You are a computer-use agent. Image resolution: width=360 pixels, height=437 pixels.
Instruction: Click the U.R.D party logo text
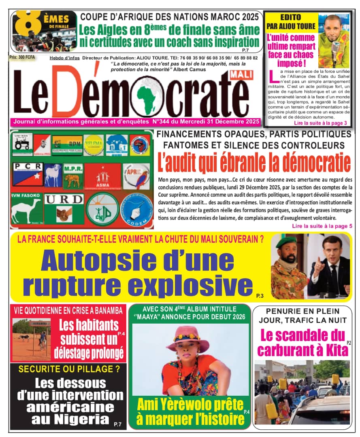tap(63, 199)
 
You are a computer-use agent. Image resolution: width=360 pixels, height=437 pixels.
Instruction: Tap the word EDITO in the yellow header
tap(291, 17)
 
